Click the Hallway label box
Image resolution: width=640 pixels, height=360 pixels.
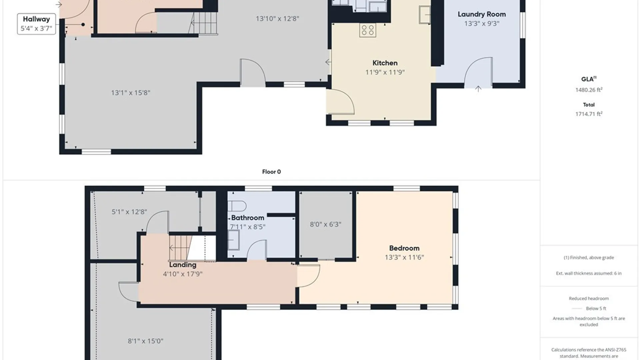point(36,24)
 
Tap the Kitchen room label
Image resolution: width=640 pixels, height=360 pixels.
point(385,63)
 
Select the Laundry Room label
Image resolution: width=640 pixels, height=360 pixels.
point(482,14)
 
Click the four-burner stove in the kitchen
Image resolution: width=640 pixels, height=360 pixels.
point(368,30)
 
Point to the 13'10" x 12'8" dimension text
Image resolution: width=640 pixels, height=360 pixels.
point(277,19)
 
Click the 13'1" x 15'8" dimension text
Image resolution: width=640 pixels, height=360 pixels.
point(131,93)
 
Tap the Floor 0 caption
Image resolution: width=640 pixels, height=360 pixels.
point(271,172)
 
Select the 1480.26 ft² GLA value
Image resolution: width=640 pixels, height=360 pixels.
point(589,90)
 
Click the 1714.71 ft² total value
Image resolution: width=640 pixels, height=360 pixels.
point(589,114)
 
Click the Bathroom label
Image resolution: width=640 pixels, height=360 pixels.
point(248,218)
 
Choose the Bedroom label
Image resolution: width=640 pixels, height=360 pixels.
point(404,248)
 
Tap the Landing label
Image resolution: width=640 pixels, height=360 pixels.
point(183,265)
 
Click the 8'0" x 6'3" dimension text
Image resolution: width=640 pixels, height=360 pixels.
point(326,224)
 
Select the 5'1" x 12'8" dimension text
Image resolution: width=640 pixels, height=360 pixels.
point(129,212)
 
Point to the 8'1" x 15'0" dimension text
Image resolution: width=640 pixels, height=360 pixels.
point(146,341)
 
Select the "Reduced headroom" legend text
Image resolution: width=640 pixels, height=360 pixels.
point(589,298)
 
